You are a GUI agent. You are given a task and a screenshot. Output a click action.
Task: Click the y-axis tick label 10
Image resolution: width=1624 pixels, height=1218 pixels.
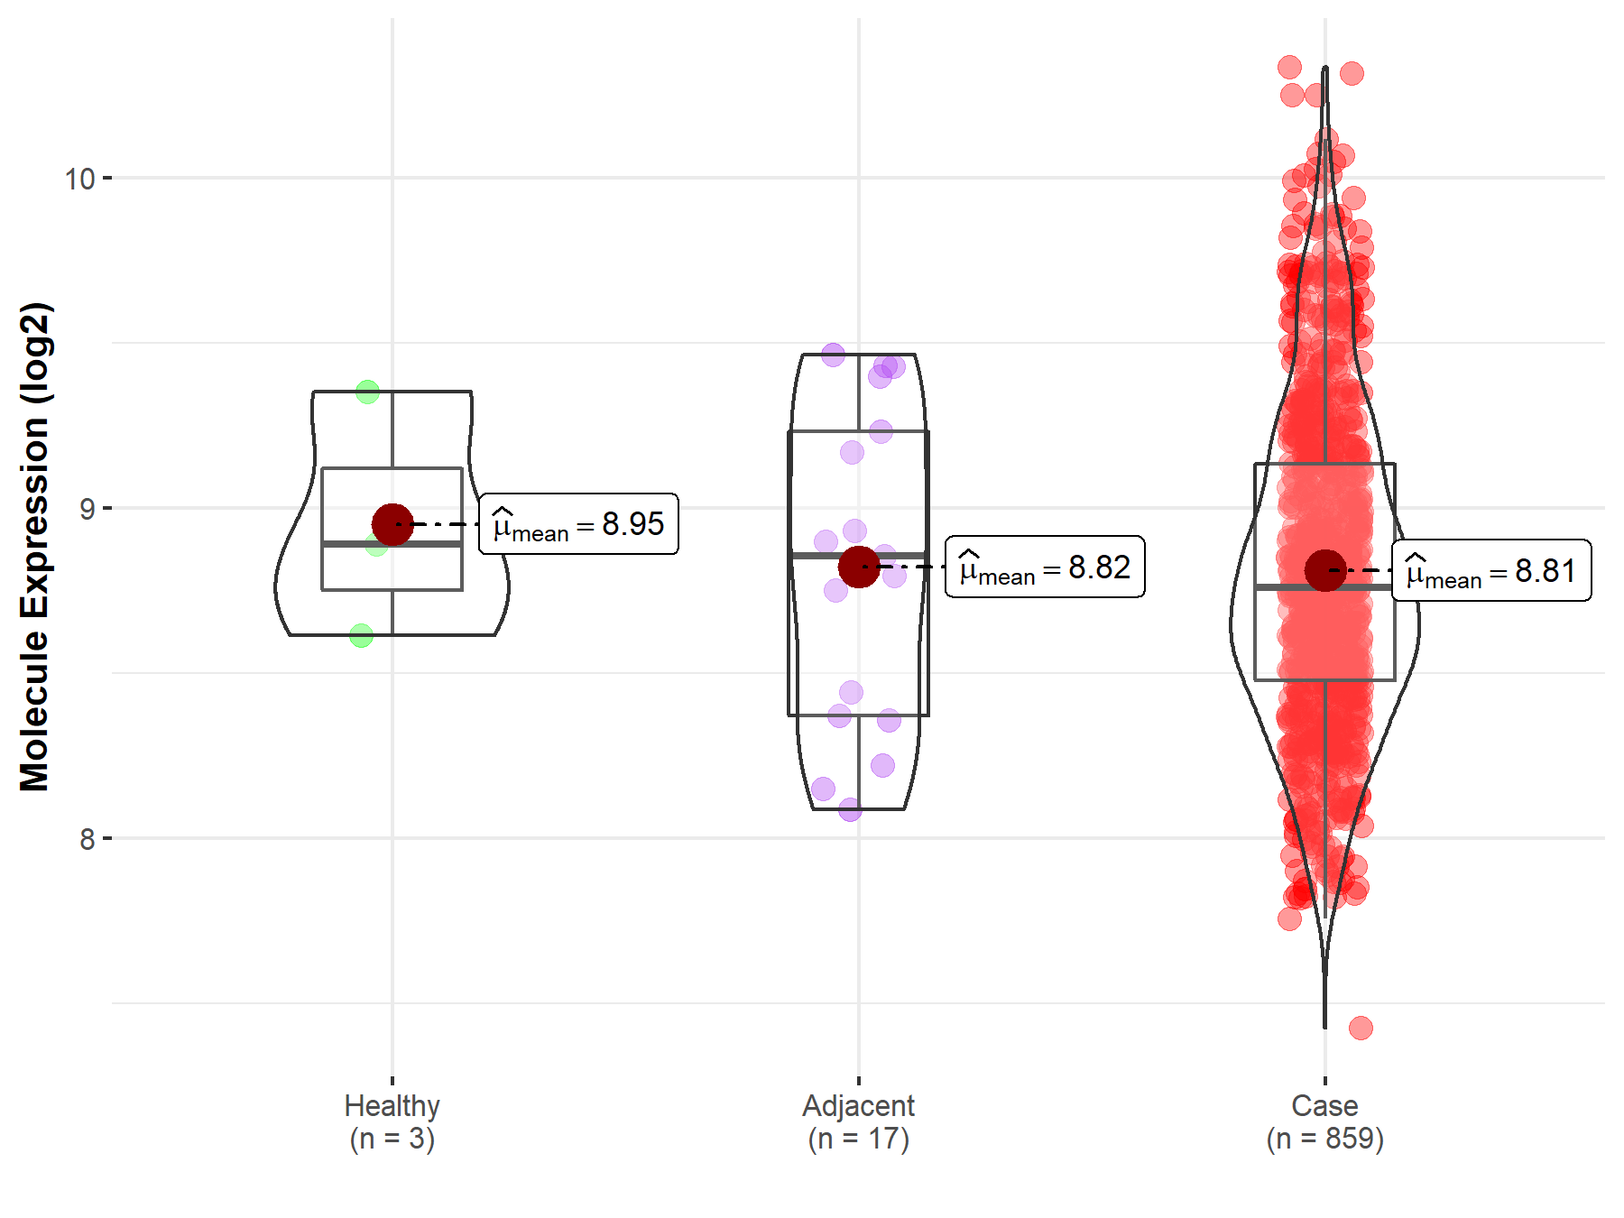tap(79, 179)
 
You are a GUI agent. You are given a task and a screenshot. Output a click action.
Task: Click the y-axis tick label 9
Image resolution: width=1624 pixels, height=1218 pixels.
tap(87, 510)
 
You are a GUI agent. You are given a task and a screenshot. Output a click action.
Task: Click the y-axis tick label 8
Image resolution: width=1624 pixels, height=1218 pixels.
tap(87, 840)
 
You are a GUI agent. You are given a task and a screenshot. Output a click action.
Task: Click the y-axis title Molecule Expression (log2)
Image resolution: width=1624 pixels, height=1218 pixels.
tap(34, 547)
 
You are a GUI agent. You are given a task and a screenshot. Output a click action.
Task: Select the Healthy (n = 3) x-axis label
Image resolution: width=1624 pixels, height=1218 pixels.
tap(392, 1121)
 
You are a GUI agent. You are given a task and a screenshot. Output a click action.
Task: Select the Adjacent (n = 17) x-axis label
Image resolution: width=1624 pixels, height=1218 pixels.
tap(858, 1121)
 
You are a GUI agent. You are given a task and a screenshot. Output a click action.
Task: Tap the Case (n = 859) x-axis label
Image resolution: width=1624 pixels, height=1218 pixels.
tap(1324, 1121)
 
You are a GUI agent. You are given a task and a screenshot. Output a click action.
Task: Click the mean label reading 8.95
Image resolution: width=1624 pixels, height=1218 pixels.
tap(578, 524)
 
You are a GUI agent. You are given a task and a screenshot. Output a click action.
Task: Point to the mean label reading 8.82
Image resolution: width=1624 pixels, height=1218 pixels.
tap(1045, 567)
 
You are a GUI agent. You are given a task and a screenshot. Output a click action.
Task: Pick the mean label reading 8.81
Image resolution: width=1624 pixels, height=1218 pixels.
tap(1491, 571)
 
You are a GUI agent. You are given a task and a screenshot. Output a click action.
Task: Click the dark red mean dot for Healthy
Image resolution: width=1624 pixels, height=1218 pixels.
tap(392, 524)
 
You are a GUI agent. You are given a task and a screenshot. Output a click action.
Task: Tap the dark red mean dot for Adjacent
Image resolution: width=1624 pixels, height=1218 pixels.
tap(858, 567)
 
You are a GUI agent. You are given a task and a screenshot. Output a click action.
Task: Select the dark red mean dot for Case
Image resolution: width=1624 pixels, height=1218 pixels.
tap(1324, 570)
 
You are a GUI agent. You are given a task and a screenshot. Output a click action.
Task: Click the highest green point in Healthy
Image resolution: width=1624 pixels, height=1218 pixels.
tap(367, 392)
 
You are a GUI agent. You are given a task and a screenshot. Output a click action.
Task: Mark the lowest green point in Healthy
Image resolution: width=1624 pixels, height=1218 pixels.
tap(361, 636)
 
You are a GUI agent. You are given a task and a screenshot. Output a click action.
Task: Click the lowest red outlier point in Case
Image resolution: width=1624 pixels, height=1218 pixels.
tap(1361, 1028)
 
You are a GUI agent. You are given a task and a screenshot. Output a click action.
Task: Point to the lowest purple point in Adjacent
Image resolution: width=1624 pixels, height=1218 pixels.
tap(850, 809)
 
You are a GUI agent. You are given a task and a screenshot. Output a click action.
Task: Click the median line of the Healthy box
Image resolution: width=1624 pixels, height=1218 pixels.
tap(392, 544)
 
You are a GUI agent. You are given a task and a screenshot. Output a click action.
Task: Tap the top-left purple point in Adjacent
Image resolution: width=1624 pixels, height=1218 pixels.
tap(833, 355)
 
